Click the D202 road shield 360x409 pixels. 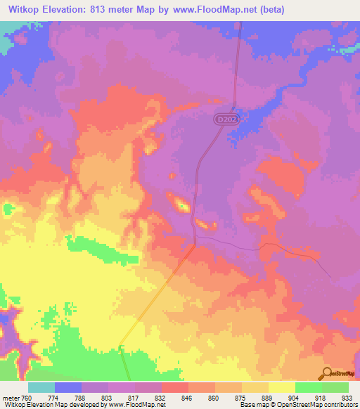pos(224,121)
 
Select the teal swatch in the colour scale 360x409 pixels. pos(41,387)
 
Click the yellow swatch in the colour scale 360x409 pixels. pos(281,387)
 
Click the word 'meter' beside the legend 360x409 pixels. pos(11,397)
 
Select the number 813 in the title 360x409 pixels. pos(110,9)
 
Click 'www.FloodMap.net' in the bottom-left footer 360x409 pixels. pos(140,405)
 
